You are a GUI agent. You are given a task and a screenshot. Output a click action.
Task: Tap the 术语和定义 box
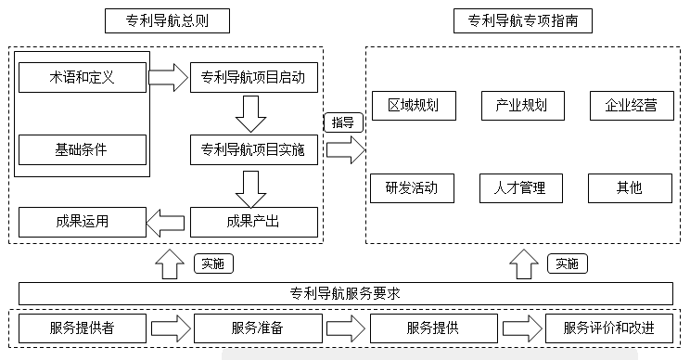[x=83, y=76]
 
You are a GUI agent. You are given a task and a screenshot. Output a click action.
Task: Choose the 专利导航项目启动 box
[x=253, y=76]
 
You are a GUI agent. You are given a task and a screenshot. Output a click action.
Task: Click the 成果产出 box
[x=253, y=222]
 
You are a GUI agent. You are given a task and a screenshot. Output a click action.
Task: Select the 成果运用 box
[x=83, y=222]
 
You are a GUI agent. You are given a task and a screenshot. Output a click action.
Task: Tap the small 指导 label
[x=342, y=122]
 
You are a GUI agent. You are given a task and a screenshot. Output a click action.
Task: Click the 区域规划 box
[x=413, y=105]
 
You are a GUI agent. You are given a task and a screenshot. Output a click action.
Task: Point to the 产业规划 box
[x=522, y=105]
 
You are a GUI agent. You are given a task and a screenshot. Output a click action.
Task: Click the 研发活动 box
[x=413, y=188]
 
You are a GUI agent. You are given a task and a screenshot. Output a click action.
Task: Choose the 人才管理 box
[x=522, y=188]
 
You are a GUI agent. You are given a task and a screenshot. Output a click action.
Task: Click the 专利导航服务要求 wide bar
[x=345, y=294]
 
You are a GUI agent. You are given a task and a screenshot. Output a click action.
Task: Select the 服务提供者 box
[x=83, y=328]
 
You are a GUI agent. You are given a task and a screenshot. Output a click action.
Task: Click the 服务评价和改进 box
[x=608, y=328]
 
